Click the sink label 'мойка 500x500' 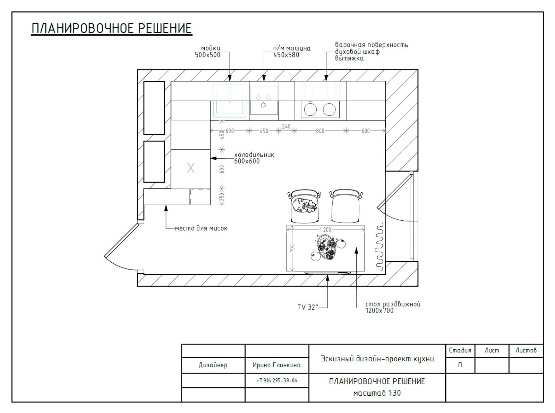[x=207, y=52]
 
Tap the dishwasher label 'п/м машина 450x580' [x=292, y=52]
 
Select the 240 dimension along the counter [x=286, y=126]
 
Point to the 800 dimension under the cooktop [x=320, y=131]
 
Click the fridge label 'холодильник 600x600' [x=254, y=158]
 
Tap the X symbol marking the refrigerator [x=191, y=168]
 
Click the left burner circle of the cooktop [x=310, y=109]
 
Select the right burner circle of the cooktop [x=329, y=109]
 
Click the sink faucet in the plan [x=229, y=95]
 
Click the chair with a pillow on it [x=305, y=206]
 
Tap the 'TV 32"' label [x=308, y=307]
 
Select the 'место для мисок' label [x=201, y=228]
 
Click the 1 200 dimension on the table [x=325, y=229]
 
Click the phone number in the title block [x=277, y=380]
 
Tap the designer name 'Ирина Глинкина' [x=276, y=365]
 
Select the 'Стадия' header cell [x=460, y=350]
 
